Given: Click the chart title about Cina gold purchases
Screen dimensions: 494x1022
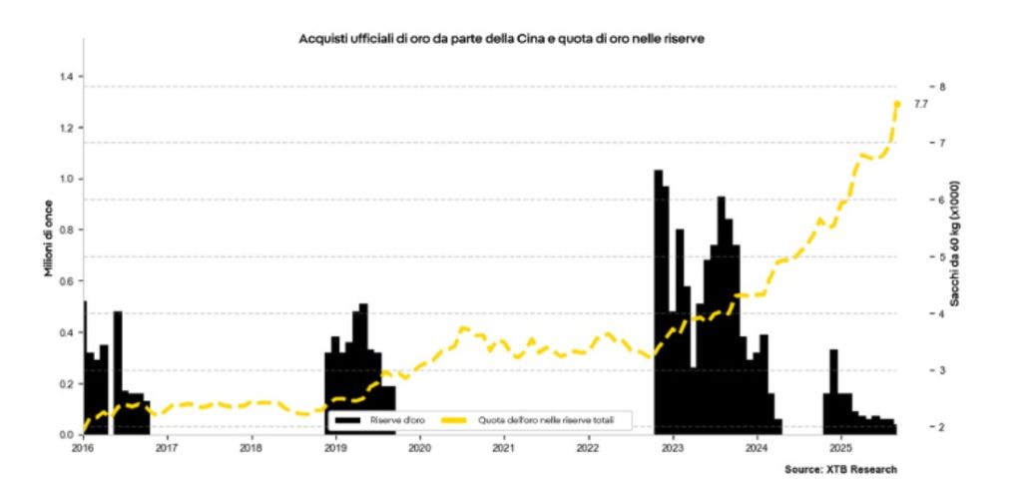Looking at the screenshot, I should pos(504,38).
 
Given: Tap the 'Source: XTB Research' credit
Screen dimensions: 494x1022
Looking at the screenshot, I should pos(840,469).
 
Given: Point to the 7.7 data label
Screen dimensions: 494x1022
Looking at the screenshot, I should pos(921,104).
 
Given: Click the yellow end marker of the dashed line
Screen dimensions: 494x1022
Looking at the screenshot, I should pos(897,104).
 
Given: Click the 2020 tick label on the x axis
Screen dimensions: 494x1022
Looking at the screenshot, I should pos(419,448).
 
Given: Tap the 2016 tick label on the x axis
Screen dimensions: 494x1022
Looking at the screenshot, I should pos(83,448).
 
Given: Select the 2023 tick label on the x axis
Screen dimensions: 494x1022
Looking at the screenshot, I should pos(672,448).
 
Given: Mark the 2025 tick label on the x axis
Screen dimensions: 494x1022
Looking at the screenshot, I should pos(840,448).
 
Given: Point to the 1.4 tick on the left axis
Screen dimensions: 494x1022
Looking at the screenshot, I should pos(67,76).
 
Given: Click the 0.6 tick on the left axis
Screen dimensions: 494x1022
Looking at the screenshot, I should pos(67,281).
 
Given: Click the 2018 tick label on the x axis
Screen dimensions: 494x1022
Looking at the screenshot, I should pos(252,448).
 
